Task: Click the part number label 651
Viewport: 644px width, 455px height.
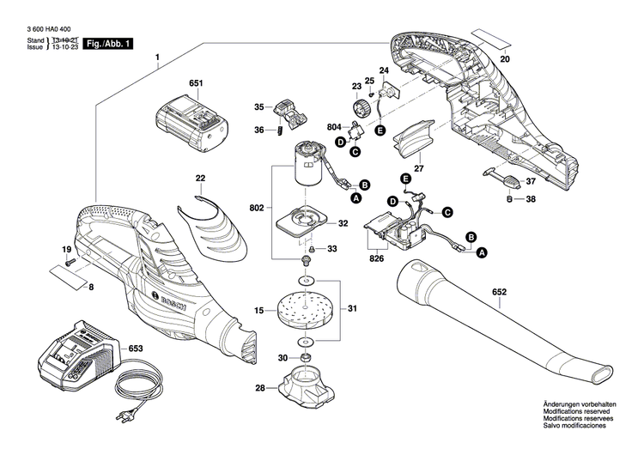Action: pyautogui.click(x=196, y=83)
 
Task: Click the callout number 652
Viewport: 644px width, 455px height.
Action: pyautogui.click(x=499, y=291)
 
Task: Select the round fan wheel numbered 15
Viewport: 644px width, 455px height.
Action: pyautogui.click(x=301, y=308)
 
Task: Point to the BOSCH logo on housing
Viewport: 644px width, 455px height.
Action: pyautogui.click(x=171, y=306)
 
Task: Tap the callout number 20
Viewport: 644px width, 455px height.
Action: pyautogui.click(x=505, y=59)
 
